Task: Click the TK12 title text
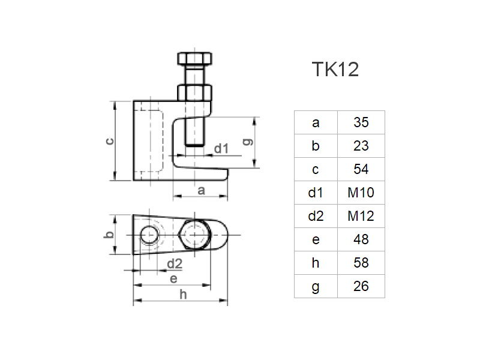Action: tap(335, 70)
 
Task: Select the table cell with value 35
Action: tap(361, 123)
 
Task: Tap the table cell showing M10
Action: tap(361, 193)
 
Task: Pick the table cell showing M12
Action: tap(361, 216)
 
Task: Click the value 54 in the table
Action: tap(361, 169)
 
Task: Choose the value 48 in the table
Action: tap(361, 239)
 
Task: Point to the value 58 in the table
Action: tap(361, 263)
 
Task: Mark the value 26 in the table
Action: tap(361, 286)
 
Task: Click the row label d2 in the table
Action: tap(316, 216)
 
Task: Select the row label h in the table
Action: tap(316, 263)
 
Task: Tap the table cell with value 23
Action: tap(361, 146)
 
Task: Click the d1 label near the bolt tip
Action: tap(221, 148)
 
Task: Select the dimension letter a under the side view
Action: tap(202, 190)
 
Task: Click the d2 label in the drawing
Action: tap(174, 263)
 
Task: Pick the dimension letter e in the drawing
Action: tap(173, 278)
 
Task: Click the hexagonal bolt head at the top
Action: tap(193, 60)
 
